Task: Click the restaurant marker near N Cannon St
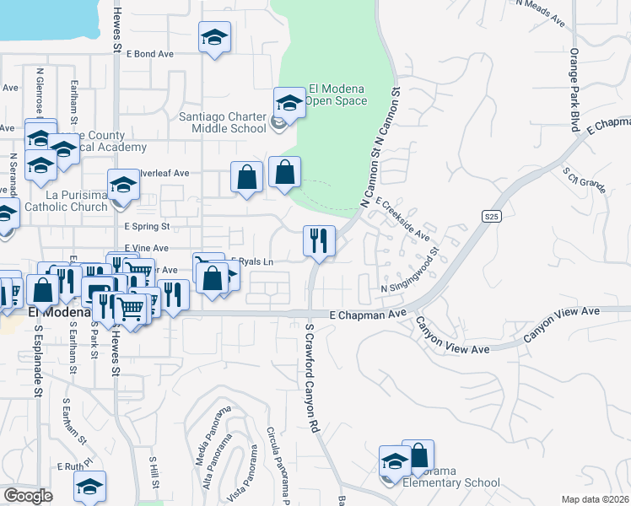(319, 241)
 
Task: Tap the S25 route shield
(493, 217)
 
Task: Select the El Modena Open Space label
(337, 94)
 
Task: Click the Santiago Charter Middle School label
(223, 123)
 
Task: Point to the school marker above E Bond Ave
(215, 38)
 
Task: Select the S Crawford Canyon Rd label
(314, 379)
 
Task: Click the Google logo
(28, 496)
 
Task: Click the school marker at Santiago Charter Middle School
(289, 105)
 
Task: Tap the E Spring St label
(147, 227)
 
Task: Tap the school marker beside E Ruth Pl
(89, 487)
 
